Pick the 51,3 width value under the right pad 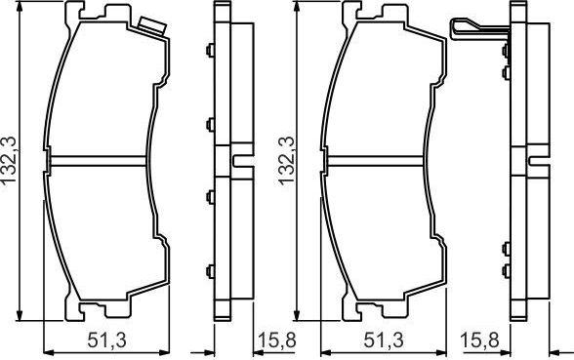point(385,340)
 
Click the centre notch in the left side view point(237,158)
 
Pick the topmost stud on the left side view point(210,50)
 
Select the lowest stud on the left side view point(210,268)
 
